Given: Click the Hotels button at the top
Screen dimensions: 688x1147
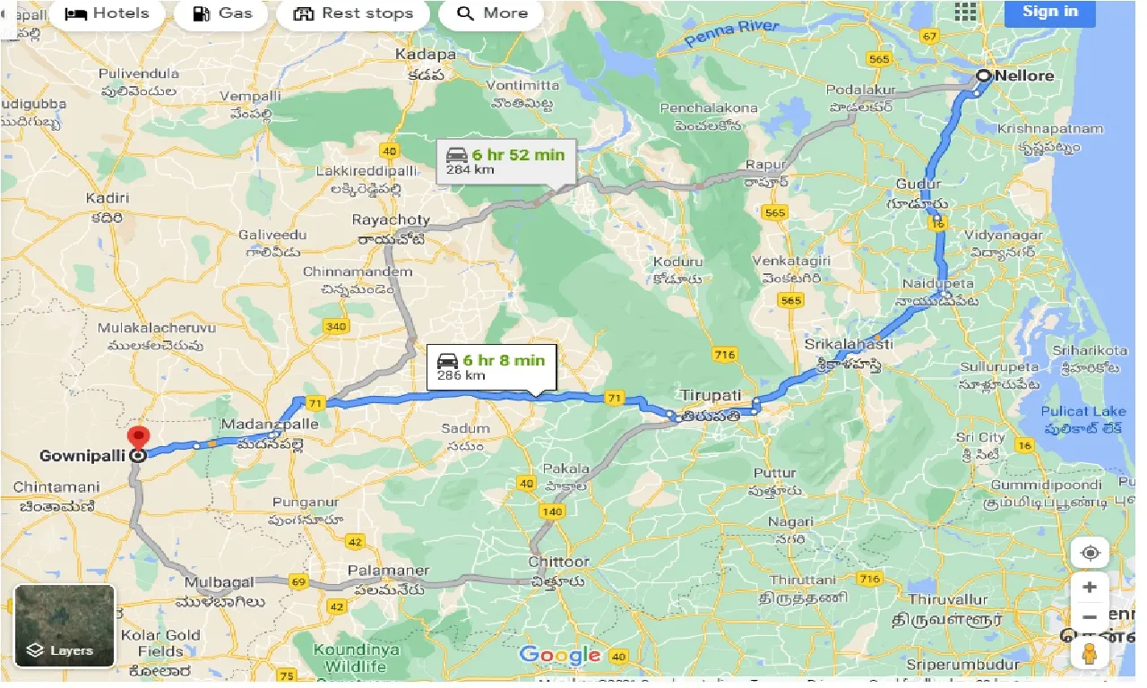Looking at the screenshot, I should pyautogui.click(x=107, y=13).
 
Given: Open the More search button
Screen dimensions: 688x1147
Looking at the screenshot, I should pyautogui.click(x=492, y=13).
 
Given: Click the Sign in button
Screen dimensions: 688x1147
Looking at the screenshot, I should pyautogui.click(x=1049, y=12).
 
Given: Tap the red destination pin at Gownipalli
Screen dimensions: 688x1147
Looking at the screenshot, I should pyautogui.click(x=138, y=439).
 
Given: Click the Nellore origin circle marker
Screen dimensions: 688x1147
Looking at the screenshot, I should pyautogui.click(x=983, y=76).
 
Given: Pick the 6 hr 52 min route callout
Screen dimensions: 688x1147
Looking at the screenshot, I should pyautogui.click(x=506, y=160).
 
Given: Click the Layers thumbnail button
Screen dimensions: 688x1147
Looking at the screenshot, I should pyautogui.click(x=65, y=625).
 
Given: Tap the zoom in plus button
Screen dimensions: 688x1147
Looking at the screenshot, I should pyautogui.click(x=1089, y=588).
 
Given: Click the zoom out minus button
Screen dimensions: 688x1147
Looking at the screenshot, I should pyautogui.click(x=1089, y=618).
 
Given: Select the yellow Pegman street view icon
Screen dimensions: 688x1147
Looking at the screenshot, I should pyautogui.click(x=1090, y=653).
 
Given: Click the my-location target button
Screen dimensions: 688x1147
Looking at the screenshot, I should pyautogui.click(x=1090, y=552).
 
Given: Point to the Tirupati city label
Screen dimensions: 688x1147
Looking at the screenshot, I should pyautogui.click(x=710, y=395).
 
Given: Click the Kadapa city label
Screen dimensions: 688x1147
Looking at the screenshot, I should pyautogui.click(x=426, y=55).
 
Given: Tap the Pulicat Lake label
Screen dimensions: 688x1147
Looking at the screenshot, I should pyautogui.click(x=1082, y=411).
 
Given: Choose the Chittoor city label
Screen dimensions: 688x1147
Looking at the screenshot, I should pyautogui.click(x=559, y=562).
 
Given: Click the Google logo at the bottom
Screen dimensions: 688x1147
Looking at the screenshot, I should pyautogui.click(x=561, y=655).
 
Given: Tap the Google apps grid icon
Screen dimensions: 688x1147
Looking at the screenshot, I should pyautogui.click(x=965, y=12).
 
